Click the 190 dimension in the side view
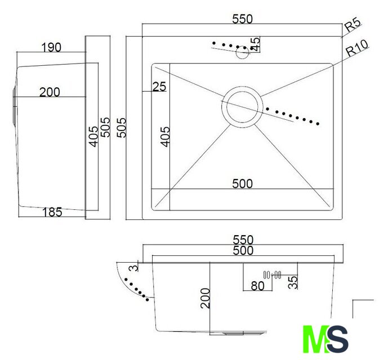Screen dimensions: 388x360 pyautogui.click(x=51, y=47)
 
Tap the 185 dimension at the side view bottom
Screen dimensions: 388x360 pyautogui.click(x=52, y=212)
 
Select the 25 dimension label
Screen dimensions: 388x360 pyautogui.click(x=159, y=87)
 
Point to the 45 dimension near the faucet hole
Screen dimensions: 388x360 pyautogui.click(x=255, y=44)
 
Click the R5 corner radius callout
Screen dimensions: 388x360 pyautogui.click(x=353, y=25)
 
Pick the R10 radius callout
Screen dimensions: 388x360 pyautogui.click(x=357, y=48)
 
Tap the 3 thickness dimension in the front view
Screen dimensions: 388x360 pyautogui.click(x=135, y=268)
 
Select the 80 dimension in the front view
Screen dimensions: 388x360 pyautogui.click(x=257, y=286)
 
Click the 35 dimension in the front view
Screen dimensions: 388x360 pyautogui.click(x=293, y=282)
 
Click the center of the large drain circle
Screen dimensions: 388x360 pyautogui.click(x=242, y=107)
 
